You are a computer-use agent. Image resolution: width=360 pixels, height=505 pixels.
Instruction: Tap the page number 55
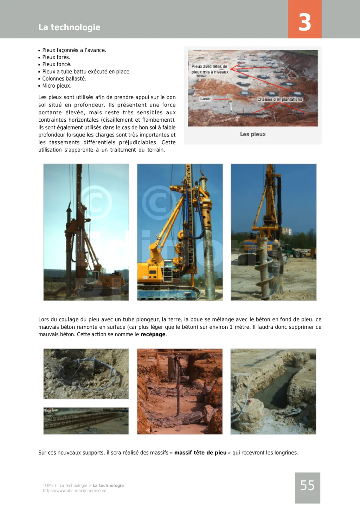point(307,486)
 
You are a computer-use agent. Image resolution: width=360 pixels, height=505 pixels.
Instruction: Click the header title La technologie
point(69,27)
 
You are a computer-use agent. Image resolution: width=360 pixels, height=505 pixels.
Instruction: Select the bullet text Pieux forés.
point(56,57)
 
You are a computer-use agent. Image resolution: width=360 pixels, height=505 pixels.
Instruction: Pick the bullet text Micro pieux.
point(57,86)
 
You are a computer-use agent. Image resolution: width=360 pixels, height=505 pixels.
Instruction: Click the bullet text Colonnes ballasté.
point(64,79)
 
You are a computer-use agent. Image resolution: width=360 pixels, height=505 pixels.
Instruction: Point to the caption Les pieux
point(253,134)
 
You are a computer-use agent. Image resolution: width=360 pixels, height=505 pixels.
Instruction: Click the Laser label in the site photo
point(206,99)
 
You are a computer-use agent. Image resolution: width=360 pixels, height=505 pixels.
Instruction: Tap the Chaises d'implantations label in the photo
point(280,100)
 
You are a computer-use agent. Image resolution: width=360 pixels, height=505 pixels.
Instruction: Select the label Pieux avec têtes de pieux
point(210,69)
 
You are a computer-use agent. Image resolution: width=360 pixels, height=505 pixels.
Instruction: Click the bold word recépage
point(153,334)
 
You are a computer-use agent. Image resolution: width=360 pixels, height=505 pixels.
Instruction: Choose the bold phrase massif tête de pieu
point(200,453)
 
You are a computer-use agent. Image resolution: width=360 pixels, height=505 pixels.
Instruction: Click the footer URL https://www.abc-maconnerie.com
point(75,491)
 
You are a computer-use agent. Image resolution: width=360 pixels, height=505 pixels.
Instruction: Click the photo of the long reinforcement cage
point(86,421)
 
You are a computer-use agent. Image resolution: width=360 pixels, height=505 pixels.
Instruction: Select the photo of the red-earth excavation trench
point(180,391)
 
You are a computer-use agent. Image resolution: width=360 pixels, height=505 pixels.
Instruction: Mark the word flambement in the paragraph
point(158,120)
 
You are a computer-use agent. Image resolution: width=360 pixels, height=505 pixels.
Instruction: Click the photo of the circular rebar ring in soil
point(86,374)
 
